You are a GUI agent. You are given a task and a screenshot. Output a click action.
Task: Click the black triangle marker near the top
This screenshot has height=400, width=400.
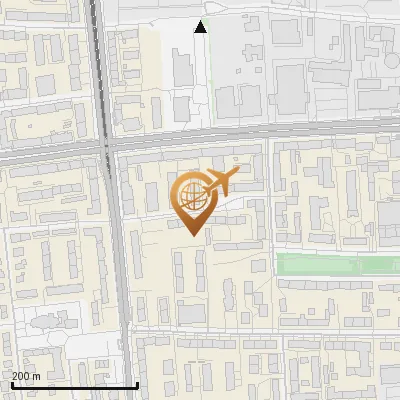pos(201,27)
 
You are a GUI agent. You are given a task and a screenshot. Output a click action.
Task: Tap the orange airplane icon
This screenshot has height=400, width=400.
pos(220,183)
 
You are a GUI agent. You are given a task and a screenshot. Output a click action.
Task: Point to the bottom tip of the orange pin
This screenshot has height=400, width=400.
pos(192,234)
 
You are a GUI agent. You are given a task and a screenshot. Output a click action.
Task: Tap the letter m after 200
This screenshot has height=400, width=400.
pos(37,376)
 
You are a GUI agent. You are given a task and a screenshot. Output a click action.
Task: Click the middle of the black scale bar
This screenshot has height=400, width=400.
pos(73,385)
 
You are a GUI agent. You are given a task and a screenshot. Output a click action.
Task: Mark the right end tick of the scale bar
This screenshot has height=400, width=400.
pos(136,383)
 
